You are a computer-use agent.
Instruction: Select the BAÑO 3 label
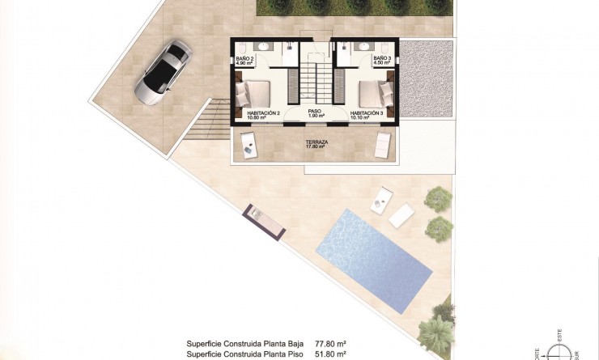[x=383, y=61]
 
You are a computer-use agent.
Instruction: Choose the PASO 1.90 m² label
[x=316, y=114]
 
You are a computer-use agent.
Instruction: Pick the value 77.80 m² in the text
[x=331, y=344]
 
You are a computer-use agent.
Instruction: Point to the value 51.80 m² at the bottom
[x=331, y=354]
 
